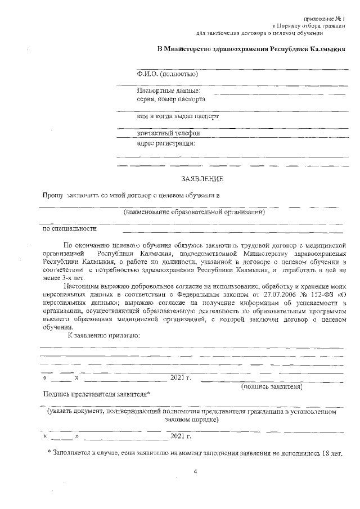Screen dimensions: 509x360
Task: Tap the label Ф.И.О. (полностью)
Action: click(167, 74)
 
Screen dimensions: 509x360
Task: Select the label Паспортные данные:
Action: click(169, 91)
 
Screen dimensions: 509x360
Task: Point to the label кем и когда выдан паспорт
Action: click(178, 116)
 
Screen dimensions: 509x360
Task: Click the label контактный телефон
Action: click(169, 133)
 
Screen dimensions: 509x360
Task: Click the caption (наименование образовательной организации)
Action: click(194, 212)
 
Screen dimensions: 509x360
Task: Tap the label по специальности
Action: click(70, 228)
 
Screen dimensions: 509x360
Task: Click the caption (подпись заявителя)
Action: click(272, 387)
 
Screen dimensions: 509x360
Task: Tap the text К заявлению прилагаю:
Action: click(103, 336)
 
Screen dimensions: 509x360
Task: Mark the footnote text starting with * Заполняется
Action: click(195, 452)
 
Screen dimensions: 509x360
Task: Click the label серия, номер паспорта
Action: click(171, 99)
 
